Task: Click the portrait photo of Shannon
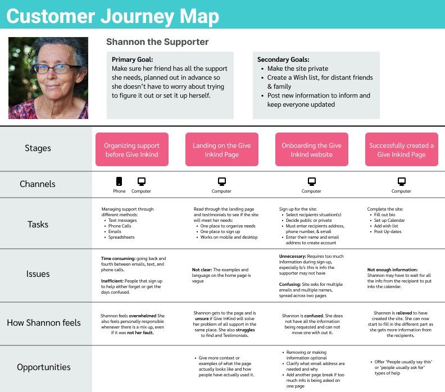tap(48, 78)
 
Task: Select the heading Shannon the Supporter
tap(157, 42)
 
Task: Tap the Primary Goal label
tap(133, 60)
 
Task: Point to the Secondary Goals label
tap(283, 60)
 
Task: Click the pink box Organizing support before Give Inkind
tap(132, 149)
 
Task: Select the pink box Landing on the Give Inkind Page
tap(222, 149)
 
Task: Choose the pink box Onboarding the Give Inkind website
tap(312, 149)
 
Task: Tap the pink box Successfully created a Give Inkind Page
tap(402, 149)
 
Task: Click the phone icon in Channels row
tap(119, 181)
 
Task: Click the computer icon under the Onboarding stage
tap(312, 181)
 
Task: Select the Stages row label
tap(38, 148)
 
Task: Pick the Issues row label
tap(38, 274)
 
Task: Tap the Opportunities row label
tap(44, 367)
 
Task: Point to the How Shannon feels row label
tap(44, 322)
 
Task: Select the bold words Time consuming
tap(116, 258)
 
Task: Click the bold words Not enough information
tap(393, 270)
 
